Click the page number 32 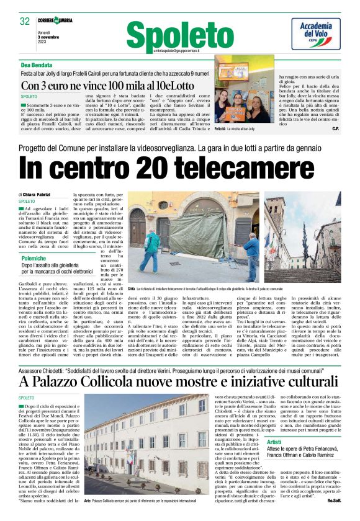click(x=25, y=21)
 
